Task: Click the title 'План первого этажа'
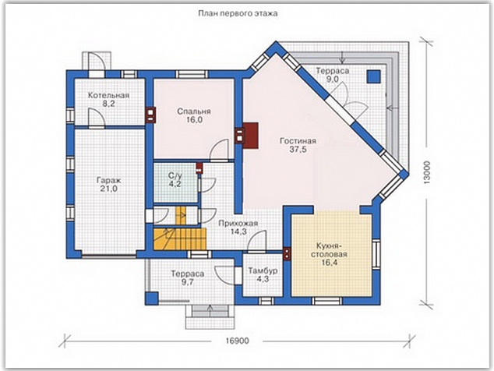[238, 13]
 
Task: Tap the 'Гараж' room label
[108, 181]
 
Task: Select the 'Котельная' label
[108, 95]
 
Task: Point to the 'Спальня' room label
[194, 111]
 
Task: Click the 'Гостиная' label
[298, 141]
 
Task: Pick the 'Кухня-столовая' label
[330, 249]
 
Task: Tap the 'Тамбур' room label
[263, 270]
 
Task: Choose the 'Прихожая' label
[238, 223]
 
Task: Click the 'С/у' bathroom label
[175, 175]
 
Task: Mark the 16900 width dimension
[237, 341]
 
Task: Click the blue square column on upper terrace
[373, 76]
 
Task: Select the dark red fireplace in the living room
[250, 135]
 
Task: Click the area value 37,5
[298, 150]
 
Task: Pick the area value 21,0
[108, 189]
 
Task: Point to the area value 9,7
[188, 282]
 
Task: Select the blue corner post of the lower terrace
[151, 299]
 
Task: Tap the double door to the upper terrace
[349, 98]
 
